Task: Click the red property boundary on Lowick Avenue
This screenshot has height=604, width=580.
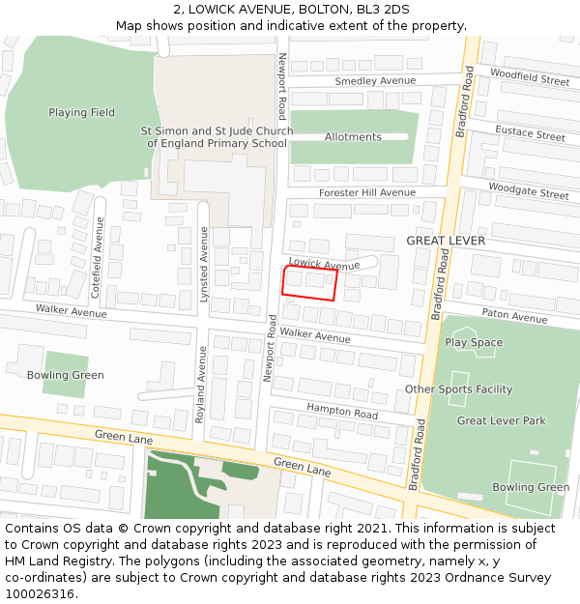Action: [x=308, y=283]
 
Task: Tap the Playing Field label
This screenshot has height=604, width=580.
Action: [x=82, y=113]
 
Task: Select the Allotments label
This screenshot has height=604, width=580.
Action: [x=353, y=137]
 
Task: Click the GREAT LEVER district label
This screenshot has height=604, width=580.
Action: [x=446, y=240]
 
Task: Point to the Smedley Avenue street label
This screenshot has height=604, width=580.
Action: [x=375, y=81]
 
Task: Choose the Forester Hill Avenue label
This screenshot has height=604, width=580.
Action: [x=367, y=193]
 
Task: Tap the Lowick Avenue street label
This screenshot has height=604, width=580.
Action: [x=325, y=265]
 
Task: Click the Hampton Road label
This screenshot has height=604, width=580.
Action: [x=342, y=413]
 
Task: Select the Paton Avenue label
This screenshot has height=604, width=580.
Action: [x=514, y=317]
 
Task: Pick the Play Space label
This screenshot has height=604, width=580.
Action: [x=474, y=343]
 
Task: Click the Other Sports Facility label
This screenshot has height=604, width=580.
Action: [x=458, y=389]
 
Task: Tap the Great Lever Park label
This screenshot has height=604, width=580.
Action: [x=502, y=421]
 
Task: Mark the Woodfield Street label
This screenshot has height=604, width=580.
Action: [x=530, y=77]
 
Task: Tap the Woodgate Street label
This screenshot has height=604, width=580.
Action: [x=529, y=191]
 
